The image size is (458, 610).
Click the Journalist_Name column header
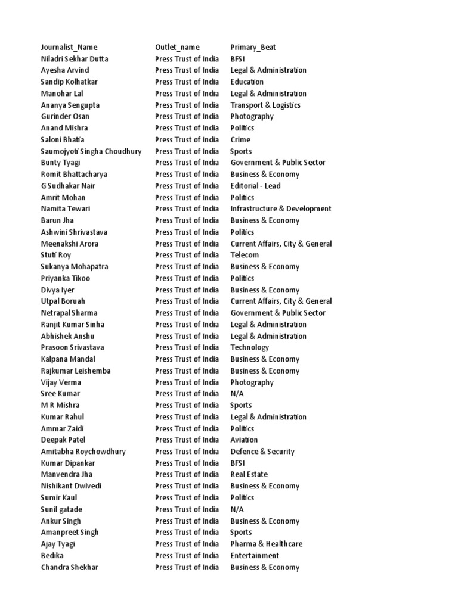(x=69, y=47)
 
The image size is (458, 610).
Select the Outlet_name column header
(x=177, y=47)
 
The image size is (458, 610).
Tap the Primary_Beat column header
(x=253, y=47)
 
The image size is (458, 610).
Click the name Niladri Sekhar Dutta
(x=75, y=59)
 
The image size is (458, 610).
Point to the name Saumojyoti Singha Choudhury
(x=91, y=151)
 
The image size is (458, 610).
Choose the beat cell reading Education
(x=247, y=82)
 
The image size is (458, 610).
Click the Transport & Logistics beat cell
(x=265, y=105)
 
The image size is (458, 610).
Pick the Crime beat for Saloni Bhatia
(x=240, y=139)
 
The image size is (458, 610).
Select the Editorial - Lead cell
(x=255, y=186)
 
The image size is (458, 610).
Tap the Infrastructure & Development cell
(x=281, y=208)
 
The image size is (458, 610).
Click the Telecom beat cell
(x=245, y=255)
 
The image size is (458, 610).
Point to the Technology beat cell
(x=249, y=347)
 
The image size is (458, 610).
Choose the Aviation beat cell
(x=245, y=440)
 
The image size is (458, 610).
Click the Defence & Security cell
(x=262, y=452)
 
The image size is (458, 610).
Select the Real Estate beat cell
(x=249, y=474)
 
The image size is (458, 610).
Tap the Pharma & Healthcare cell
(x=266, y=544)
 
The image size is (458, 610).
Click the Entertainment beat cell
(x=255, y=555)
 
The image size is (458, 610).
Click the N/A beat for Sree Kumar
(x=237, y=394)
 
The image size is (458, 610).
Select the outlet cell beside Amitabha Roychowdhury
(x=187, y=452)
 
